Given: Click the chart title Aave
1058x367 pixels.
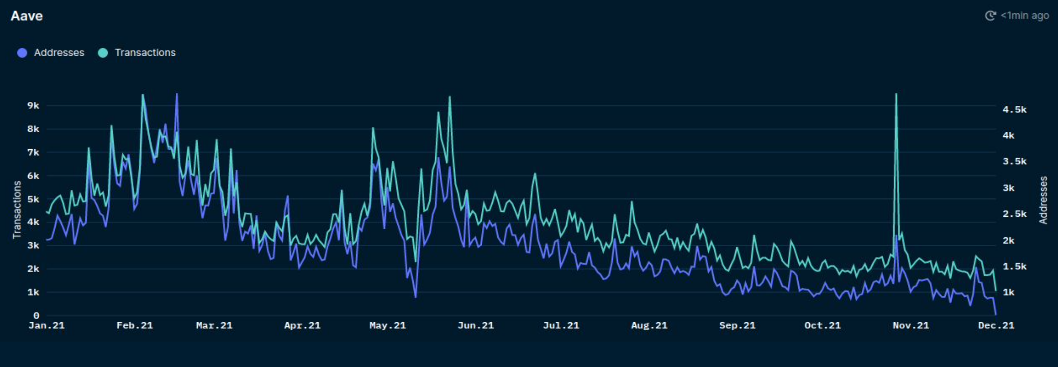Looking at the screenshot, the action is [x=27, y=16].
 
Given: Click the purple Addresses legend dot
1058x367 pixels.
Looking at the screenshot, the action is [x=22, y=53].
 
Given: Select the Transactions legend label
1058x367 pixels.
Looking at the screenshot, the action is [x=145, y=53].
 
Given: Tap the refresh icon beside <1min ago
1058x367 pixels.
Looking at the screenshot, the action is [x=990, y=16].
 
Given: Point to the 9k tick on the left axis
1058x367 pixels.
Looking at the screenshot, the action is [x=33, y=105].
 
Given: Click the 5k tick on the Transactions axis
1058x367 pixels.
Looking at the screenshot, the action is [x=33, y=199].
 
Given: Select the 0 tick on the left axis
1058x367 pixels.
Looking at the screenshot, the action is [x=36, y=315].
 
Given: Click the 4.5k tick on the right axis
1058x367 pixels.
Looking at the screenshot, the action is [x=1014, y=109].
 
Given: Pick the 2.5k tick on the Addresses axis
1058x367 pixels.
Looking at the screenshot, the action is [x=1014, y=214].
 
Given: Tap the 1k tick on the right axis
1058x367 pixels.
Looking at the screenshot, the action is [x=1008, y=292].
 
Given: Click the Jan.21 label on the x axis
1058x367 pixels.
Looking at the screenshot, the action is [x=47, y=325].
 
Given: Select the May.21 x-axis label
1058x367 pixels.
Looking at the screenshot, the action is [x=387, y=325].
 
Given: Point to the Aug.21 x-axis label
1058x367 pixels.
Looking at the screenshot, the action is [x=649, y=325].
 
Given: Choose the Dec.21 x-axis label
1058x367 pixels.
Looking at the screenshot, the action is [x=996, y=325].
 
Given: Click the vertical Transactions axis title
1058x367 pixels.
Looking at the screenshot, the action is [x=17, y=209].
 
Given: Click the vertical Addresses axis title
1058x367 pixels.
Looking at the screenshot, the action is [x=1043, y=200].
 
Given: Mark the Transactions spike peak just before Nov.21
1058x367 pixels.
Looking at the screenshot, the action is [x=896, y=94].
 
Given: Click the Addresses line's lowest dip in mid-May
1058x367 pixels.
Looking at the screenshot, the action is [x=415, y=297].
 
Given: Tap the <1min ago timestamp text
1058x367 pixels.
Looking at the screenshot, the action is [x=1025, y=16].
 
